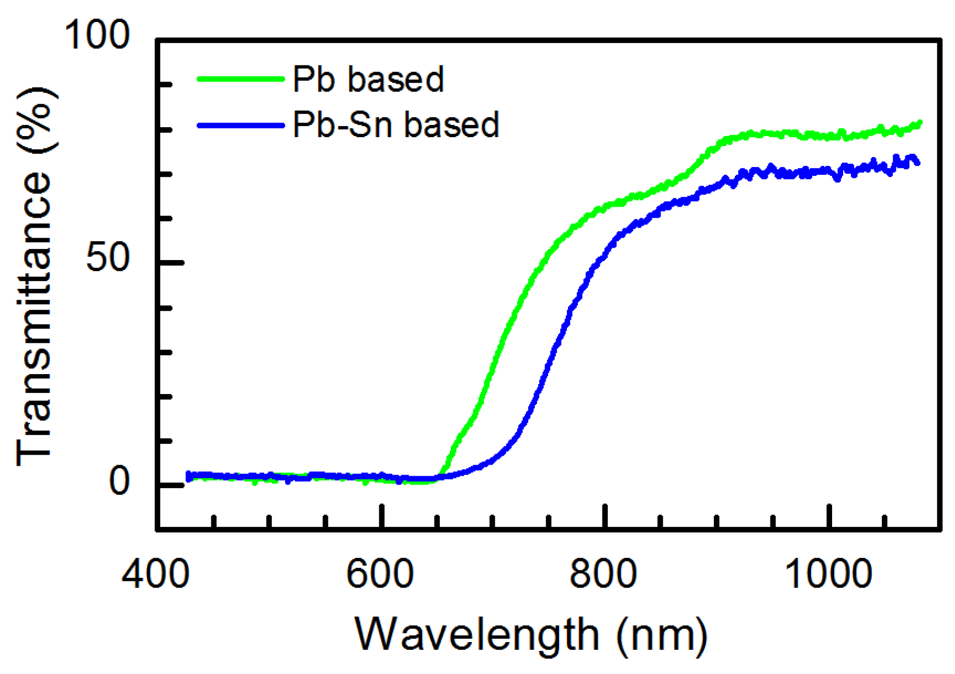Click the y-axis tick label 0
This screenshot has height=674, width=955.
119,481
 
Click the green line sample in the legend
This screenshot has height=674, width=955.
241,80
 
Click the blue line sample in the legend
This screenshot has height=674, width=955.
241,126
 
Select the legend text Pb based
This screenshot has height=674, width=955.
368,80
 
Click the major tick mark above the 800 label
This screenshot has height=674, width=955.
605,517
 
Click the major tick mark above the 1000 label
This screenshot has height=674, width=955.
828,517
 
